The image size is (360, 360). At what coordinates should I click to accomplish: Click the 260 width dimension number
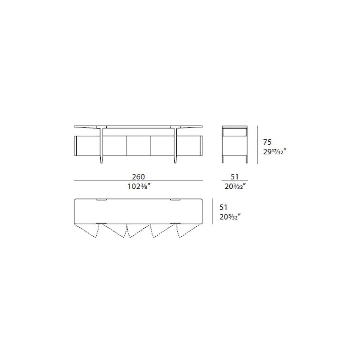[138, 177]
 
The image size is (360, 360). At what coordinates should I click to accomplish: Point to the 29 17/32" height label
[275, 152]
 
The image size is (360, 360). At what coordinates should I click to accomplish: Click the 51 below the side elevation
[234, 177]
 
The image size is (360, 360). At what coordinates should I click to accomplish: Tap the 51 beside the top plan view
[224, 207]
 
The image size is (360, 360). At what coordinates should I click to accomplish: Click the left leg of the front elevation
[101, 147]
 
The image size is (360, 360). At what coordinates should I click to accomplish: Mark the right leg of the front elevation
[175, 147]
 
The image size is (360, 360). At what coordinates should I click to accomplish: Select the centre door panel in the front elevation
[138, 146]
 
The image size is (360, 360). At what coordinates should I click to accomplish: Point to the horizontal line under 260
[138, 181]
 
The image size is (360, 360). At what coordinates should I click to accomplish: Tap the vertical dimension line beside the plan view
[213, 211]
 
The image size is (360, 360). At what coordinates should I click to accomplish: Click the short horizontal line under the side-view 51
[234, 181]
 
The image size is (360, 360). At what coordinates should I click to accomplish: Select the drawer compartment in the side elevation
[235, 132]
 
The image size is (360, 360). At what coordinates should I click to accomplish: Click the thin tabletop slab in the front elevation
[138, 126]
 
